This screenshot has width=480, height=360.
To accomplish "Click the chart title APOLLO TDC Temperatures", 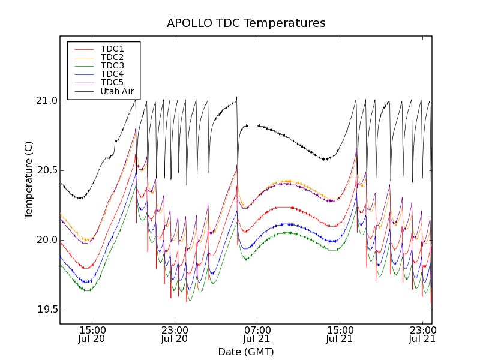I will click(x=246, y=23).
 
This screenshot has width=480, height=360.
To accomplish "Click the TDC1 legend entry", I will click(x=112, y=49).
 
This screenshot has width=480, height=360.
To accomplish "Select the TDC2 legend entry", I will click(x=112, y=57).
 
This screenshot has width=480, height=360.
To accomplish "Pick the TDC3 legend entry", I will click(x=112, y=65).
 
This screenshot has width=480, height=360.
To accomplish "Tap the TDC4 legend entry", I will click(x=112, y=74).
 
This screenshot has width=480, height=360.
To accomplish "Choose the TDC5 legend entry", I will click(x=112, y=82).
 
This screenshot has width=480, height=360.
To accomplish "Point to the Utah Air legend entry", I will click(x=117, y=92).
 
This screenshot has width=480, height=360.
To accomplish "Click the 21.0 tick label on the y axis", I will click(x=46, y=101).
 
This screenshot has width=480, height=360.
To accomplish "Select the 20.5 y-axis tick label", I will click(x=46, y=170).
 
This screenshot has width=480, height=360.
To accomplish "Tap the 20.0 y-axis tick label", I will click(x=46, y=240).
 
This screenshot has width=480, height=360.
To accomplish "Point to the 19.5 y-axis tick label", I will click(x=46, y=310).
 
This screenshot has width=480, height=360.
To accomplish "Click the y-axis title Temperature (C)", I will click(x=29, y=180).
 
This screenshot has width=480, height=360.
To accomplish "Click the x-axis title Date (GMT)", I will click(x=246, y=352).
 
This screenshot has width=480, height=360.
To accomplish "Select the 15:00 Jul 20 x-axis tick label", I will click(x=92, y=334).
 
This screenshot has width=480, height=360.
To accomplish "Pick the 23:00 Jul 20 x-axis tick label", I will click(x=175, y=334).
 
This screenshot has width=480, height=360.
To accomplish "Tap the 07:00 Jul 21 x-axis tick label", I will click(x=257, y=334).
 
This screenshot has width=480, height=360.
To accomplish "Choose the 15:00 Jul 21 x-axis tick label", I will click(x=340, y=334).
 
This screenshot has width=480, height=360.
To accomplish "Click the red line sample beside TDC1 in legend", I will click(x=84, y=49).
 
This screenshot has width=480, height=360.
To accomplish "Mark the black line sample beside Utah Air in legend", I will click(x=84, y=92).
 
